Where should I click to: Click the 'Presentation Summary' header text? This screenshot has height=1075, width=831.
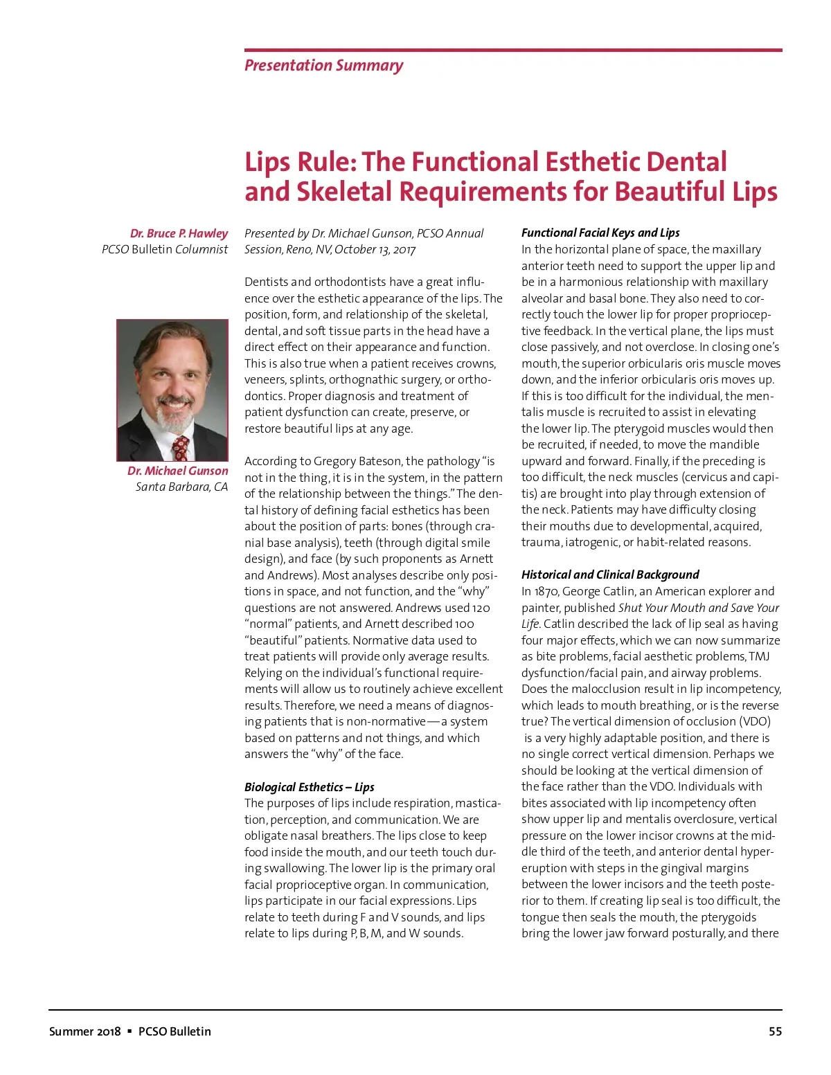pyautogui.click(x=323, y=66)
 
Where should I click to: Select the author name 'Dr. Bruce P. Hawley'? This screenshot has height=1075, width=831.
pyautogui.click(x=179, y=233)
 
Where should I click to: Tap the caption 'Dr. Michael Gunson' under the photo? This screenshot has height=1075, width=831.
pyautogui.click(x=177, y=471)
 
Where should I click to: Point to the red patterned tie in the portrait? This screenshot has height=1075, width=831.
pyautogui.click(x=181, y=447)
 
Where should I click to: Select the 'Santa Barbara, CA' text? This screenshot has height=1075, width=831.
pyautogui.click(x=181, y=487)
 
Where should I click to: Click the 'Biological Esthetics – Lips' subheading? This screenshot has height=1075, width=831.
pyautogui.click(x=309, y=787)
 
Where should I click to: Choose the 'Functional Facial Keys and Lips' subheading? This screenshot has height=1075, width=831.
pyautogui.click(x=600, y=233)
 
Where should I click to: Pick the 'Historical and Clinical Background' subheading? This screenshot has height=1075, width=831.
pyautogui.click(x=610, y=575)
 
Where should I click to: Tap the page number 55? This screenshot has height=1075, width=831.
pyautogui.click(x=775, y=1031)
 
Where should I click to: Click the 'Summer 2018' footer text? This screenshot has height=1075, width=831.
pyautogui.click(x=84, y=1031)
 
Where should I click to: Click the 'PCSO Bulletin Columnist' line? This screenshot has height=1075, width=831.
pyautogui.click(x=165, y=249)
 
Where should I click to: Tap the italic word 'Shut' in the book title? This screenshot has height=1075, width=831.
pyautogui.click(x=630, y=608)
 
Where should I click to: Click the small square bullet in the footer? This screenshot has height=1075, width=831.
pyautogui.click(x=129, y=1031)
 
